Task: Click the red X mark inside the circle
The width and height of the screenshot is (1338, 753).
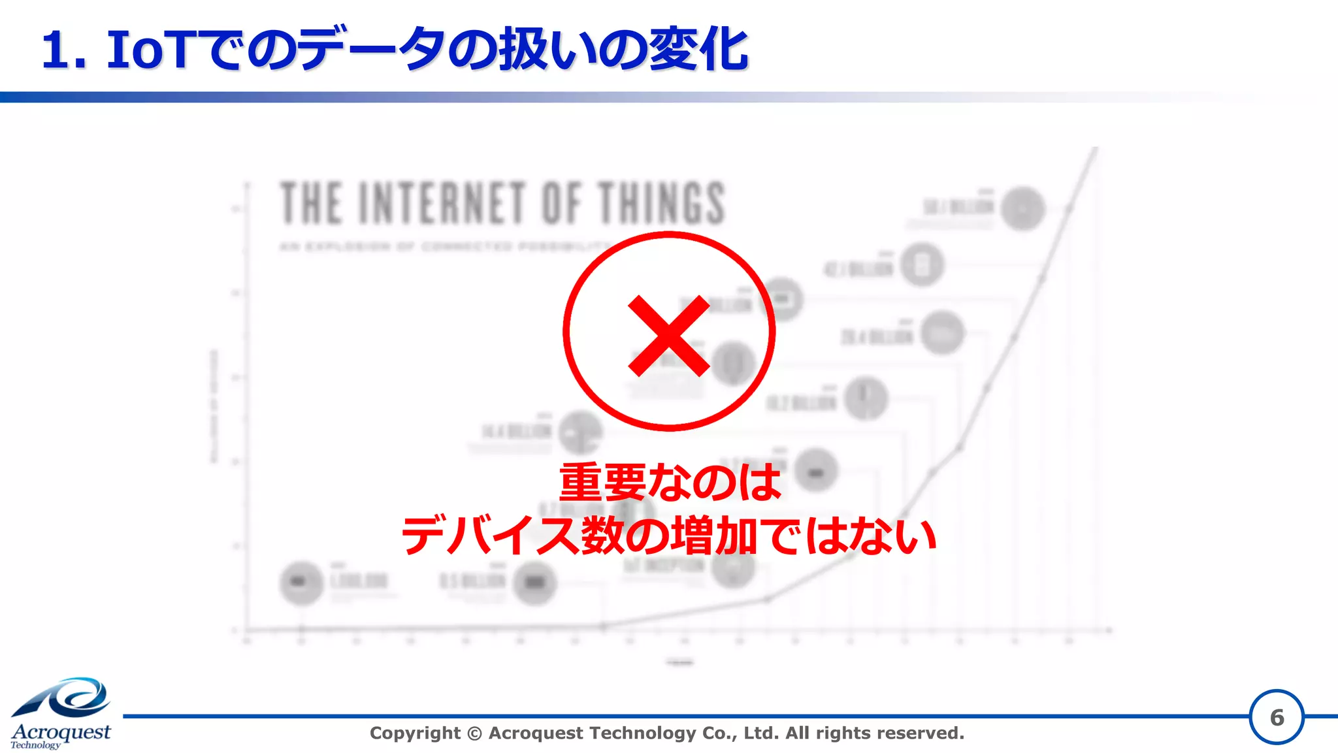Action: coord(668,335)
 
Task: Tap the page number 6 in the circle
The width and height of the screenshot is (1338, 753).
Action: coord(1277,718)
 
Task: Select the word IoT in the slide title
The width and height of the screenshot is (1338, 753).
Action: coord(149,50)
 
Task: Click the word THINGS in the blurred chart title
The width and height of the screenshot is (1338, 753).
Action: coord(661,203)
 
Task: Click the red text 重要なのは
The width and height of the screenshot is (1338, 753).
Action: coord(670,483)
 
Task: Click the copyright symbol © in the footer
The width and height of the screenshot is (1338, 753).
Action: coord(475,733)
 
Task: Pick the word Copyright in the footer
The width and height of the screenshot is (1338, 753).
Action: coord(415,733)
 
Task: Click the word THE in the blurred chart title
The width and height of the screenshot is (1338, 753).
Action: coord(311,203)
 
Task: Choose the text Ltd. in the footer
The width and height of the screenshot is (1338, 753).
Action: coord(761,733)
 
